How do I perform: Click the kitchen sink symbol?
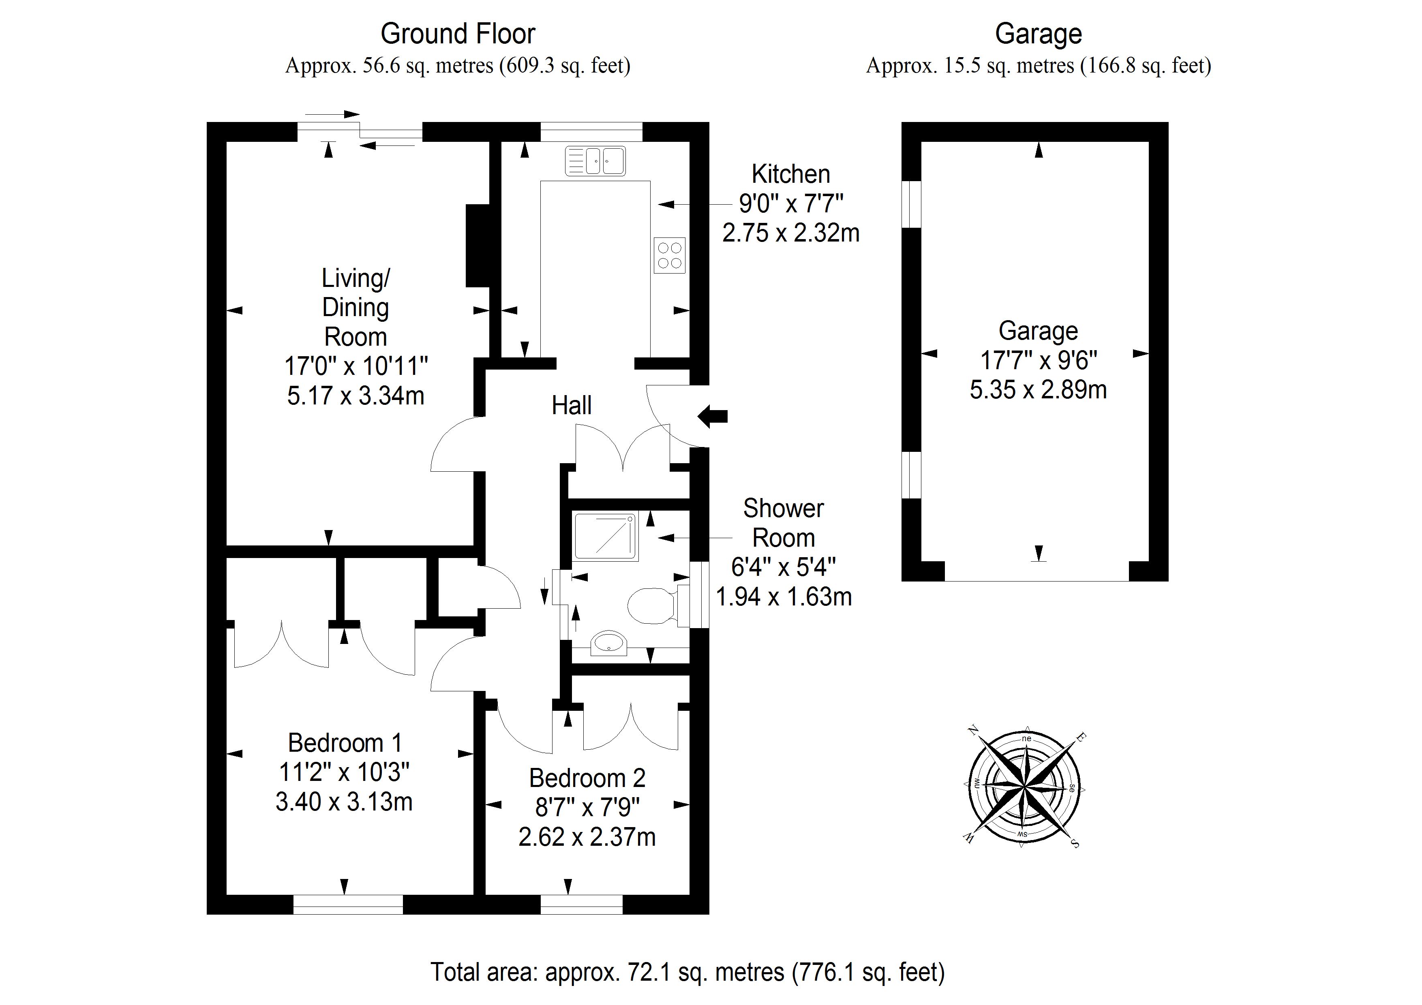595,161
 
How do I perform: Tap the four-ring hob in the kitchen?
670,255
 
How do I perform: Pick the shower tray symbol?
605,536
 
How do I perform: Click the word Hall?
571,406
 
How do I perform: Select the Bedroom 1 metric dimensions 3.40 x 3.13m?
344,802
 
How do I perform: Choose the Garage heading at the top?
1038,34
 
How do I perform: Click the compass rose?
1024,788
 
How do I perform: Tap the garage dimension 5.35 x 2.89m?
1038,389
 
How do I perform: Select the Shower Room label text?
784,523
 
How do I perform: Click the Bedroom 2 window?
582,904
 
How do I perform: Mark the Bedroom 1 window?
348,904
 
